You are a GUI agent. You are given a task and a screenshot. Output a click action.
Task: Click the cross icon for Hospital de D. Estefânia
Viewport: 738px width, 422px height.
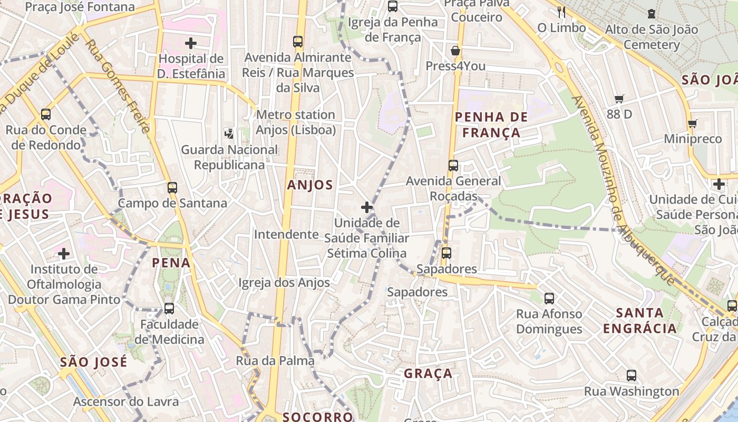191,43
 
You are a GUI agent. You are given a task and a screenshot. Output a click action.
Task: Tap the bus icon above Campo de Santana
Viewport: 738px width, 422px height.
172,187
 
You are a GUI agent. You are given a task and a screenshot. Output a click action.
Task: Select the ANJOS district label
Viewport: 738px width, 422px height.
310,185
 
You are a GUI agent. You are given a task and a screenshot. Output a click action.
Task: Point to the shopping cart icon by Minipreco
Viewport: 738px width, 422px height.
692,124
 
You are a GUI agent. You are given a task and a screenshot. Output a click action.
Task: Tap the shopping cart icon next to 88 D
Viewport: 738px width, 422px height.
619,99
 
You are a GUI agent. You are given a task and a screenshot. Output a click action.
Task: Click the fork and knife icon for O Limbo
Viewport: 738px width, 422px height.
561,12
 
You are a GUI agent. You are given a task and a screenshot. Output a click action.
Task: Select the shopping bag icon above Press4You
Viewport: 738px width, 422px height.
455,51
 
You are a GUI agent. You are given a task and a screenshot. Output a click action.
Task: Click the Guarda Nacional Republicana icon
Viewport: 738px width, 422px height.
229,133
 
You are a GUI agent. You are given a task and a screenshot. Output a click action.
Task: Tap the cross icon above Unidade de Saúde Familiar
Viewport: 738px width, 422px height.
367,207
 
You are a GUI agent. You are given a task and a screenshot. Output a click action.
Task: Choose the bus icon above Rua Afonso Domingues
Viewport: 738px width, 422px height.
549,299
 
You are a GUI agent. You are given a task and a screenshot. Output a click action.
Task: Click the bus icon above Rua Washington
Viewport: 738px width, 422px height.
631,376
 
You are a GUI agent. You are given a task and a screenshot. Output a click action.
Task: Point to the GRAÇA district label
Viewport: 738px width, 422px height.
428,373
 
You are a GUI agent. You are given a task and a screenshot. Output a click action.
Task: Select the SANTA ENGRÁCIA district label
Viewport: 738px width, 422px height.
639,321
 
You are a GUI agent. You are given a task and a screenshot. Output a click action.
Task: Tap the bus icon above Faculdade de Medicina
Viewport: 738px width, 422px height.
169,309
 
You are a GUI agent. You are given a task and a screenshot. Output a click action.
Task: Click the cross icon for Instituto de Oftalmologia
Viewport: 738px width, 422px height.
64,254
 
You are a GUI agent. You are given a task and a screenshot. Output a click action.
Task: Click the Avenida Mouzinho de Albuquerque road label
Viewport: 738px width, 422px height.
622,190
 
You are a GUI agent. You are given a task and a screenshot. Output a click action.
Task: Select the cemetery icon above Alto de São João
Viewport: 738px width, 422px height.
652,14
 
